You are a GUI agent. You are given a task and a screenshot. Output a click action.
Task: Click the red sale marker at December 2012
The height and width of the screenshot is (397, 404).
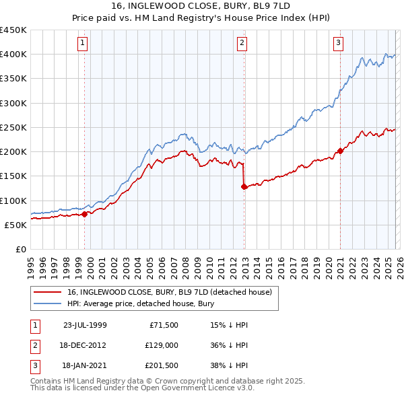pyautogui.click(x=244, y=186)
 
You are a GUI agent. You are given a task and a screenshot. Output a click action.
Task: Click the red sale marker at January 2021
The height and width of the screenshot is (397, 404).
pyautogui.click(x=340, y=151)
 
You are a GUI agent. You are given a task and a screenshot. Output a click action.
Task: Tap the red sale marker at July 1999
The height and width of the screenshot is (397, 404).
pyautogui.click(x=85, y=215)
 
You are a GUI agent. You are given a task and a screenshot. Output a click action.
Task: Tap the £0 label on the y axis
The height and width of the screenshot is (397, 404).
pyautogui.click(x=20, y=249)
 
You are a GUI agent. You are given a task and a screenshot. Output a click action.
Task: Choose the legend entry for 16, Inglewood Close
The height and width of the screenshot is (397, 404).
pyautogui.click(x=168, y=292)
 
